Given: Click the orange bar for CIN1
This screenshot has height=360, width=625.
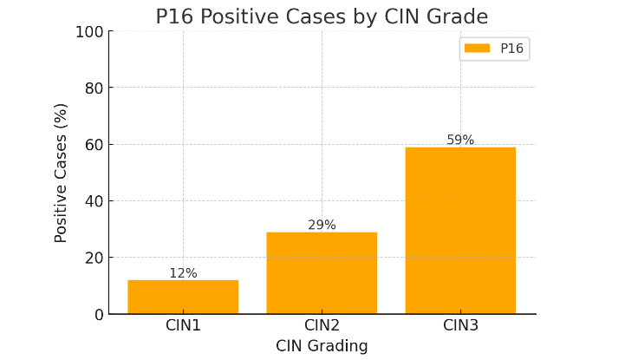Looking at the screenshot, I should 183,297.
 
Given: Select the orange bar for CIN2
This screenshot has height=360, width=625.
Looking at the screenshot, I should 322,272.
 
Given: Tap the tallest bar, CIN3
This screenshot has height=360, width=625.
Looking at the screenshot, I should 460,230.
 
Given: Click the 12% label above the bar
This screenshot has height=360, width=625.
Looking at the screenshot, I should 183,273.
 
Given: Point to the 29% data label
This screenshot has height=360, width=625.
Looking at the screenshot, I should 322,226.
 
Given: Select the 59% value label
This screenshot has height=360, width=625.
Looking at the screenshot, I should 460,141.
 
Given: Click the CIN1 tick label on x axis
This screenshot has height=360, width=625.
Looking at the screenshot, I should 183,325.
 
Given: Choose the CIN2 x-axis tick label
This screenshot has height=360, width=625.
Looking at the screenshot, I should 322,325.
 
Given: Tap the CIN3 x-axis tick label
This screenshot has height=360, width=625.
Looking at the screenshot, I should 460,325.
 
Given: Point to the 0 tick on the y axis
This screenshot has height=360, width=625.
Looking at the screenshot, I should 99,314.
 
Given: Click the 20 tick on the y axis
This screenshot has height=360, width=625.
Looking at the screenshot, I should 94,258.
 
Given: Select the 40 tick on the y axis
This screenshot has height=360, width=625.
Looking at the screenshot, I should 94,201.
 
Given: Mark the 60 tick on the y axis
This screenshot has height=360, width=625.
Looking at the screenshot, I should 94,145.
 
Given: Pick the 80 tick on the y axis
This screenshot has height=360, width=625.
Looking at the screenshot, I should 94,88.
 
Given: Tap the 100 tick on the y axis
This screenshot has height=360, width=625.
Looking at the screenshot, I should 89,32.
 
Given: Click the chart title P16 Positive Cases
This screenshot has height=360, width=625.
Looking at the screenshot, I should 322,16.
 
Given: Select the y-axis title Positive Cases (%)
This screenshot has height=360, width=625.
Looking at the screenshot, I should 62,173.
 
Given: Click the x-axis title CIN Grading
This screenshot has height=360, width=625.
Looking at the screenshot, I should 322,346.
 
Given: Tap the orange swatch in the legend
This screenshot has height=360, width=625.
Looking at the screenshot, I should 477,49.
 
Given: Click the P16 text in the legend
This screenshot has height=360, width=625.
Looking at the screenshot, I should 511,49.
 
